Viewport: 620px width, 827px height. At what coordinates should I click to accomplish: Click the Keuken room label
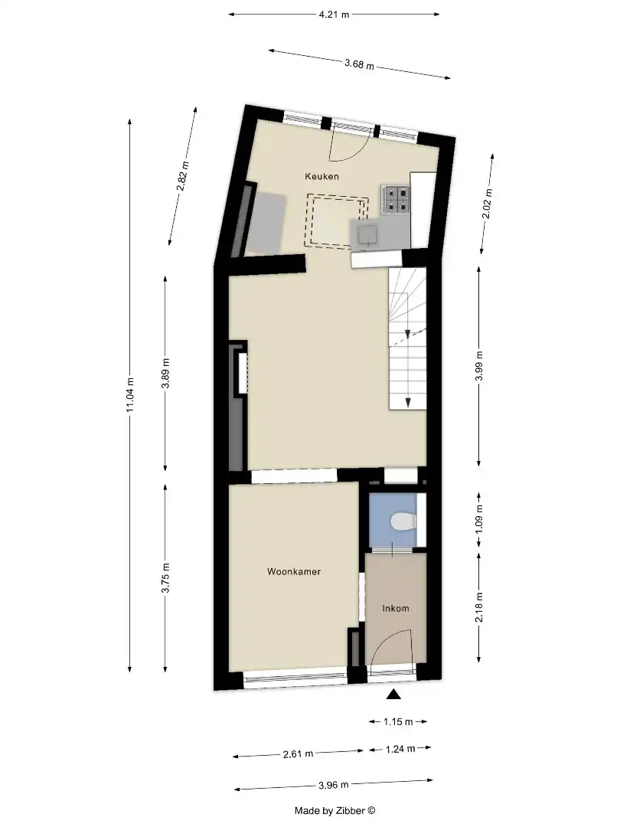321,177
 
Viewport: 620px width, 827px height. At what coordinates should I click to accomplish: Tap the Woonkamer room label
294,572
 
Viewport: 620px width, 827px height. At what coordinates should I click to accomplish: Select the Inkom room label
396,609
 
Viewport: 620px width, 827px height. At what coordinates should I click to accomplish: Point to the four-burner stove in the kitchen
396,199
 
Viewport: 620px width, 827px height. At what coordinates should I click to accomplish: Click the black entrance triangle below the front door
393,695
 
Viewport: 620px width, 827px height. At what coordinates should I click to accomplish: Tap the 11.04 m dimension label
130,395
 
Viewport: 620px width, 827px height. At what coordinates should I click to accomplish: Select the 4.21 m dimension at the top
334,15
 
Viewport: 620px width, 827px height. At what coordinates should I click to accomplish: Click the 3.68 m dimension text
359,64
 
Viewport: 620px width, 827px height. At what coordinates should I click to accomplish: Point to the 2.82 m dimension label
183,176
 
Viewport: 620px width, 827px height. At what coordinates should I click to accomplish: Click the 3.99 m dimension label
479,365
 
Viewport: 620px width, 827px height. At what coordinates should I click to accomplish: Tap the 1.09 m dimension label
479,520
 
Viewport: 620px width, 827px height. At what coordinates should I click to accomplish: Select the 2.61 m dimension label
299,754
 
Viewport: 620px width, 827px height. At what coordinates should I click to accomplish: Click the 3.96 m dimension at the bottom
334,786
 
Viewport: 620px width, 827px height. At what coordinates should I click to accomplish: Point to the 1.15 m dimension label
397,721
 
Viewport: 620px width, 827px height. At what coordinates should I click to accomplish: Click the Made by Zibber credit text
335,810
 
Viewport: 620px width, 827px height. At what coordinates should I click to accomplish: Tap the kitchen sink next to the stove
364,233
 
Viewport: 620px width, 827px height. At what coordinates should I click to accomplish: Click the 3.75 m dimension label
166,578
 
